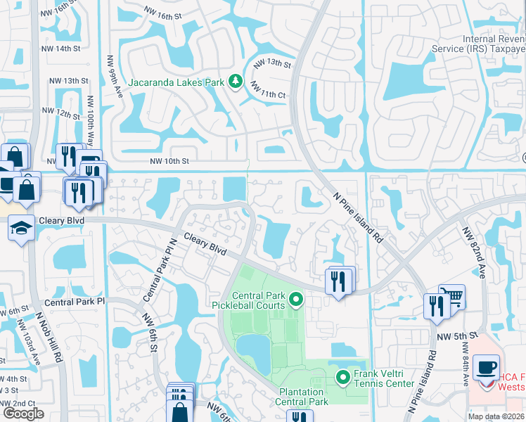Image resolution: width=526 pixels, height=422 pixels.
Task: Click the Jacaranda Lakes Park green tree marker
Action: pyautogui.click(x=236, y=82)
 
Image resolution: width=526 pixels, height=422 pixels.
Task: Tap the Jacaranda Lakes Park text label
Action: pyautogui.click(x=176, y=83)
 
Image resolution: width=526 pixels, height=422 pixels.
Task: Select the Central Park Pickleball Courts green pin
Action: pyautogui.click(x=296, y=300)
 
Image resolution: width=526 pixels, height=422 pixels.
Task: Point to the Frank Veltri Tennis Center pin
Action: pyautogui.click(x=343, y=378)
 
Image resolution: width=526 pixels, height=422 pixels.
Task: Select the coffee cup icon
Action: pyautogui.click(x=486, y=366)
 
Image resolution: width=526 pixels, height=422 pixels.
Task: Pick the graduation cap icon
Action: pyautogui.click(x=20, y=228)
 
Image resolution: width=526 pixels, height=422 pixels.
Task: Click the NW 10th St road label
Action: pyautogui.click(x=169, y=161)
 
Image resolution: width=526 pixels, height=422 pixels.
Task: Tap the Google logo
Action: pyautogui.click(x=23, y=414)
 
